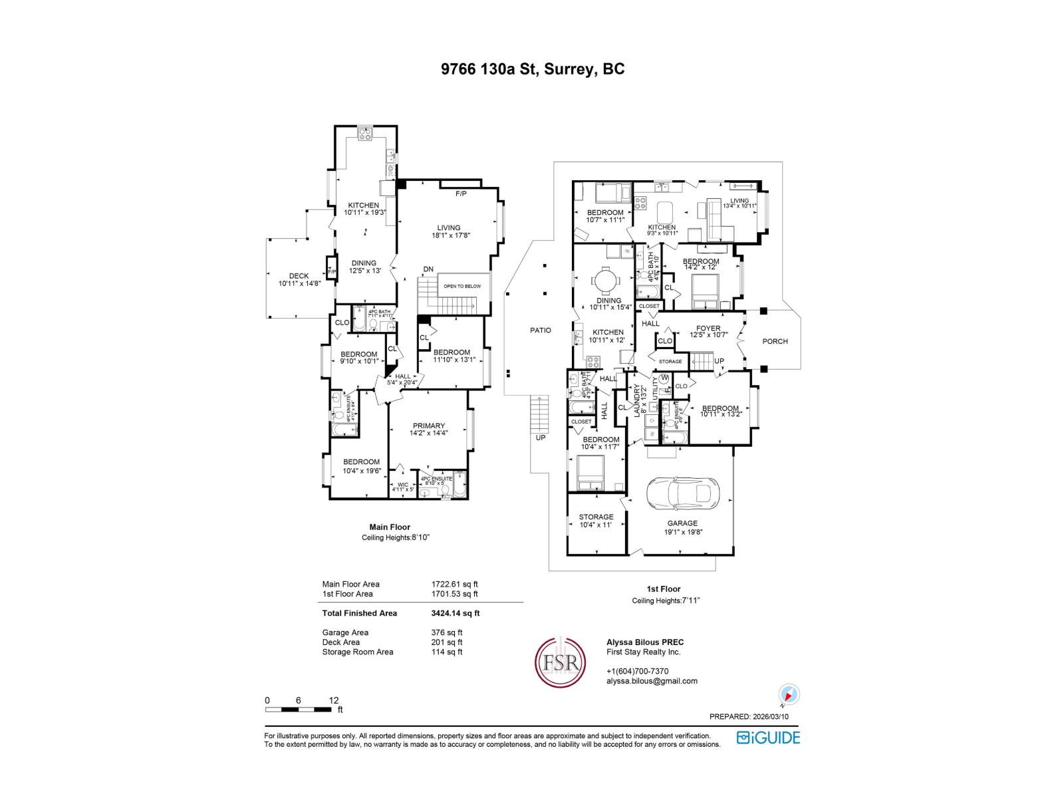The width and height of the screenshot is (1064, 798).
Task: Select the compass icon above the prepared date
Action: pos(789,696)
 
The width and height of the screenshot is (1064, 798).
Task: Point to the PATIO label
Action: pos(540,330)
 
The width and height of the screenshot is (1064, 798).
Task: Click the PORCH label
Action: pos(775,341)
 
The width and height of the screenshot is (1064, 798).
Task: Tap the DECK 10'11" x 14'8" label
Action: pos(299,280)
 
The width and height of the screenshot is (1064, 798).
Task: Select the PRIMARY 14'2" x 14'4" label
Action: pos(428,430)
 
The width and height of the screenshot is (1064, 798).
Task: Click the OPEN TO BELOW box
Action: pos(463,286)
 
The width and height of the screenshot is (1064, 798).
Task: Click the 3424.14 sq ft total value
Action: pos(455,613)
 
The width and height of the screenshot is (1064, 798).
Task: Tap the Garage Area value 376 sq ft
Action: pos(447,632)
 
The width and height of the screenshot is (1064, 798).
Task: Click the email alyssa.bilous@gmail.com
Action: pos(652,681)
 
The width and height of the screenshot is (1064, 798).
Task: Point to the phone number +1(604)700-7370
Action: pos(637,671)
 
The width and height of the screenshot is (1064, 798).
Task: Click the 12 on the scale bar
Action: pos(334,700)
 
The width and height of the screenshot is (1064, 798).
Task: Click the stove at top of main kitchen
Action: pos(365,134)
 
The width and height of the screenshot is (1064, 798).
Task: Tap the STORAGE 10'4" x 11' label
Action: pos(596,521)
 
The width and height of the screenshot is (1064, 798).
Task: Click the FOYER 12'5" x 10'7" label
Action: pos(708,331)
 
